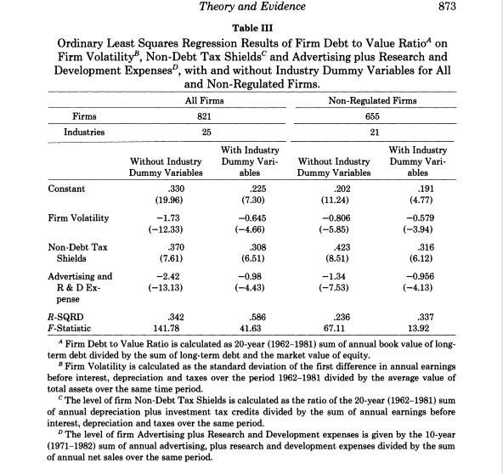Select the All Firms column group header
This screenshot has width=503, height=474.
point(197,101)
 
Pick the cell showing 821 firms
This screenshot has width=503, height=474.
point(197,116)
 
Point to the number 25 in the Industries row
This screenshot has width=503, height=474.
point(197,133)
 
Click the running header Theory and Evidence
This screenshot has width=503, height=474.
point(252,8)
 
